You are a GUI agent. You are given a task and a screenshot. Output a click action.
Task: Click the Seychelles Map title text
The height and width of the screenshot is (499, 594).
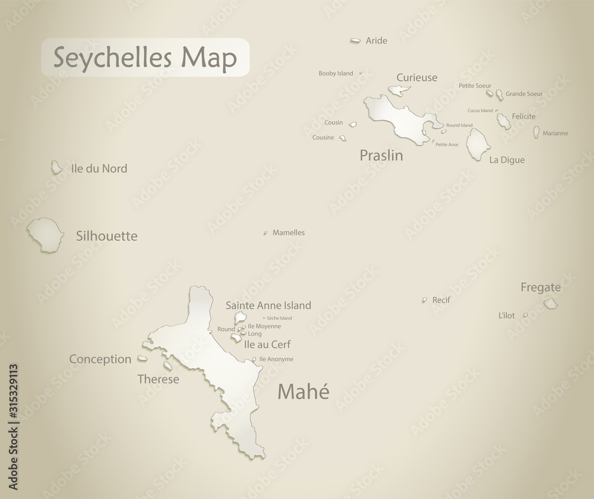145,58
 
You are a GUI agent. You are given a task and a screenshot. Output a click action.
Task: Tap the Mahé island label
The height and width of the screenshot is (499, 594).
303,392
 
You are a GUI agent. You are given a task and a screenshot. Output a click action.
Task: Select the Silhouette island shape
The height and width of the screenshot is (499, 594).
45,234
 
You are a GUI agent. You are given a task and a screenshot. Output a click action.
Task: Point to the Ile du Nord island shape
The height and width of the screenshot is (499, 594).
56,167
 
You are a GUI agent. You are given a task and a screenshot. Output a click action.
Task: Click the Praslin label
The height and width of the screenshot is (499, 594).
381,155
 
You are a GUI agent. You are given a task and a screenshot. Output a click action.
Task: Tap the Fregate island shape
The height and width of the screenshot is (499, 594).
551,304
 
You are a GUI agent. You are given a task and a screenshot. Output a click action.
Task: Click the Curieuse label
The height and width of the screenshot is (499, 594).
416,77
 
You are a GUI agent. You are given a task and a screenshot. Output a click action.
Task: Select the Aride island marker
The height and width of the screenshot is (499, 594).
355,40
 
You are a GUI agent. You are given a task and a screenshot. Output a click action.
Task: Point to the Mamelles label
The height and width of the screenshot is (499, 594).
289,233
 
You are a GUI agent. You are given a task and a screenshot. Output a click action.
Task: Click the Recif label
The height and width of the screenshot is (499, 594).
441,300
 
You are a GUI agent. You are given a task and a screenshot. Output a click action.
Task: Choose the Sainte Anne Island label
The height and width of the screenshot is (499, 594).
268,306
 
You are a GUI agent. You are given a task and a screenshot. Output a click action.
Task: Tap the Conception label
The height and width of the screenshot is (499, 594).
100,359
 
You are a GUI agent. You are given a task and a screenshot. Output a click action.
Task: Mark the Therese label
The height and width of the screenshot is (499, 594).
158,379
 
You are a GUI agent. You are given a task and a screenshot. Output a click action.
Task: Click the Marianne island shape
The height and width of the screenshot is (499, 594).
536,132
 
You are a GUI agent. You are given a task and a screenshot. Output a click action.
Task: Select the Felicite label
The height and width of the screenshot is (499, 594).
523,116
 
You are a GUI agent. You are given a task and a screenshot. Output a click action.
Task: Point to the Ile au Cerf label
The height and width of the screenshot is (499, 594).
267,344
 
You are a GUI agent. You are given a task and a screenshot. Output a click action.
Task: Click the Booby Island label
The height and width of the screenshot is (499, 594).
336,74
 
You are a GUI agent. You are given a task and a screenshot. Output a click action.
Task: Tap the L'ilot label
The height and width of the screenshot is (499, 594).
507,316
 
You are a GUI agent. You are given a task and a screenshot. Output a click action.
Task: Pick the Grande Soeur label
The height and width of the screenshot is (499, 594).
524,94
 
